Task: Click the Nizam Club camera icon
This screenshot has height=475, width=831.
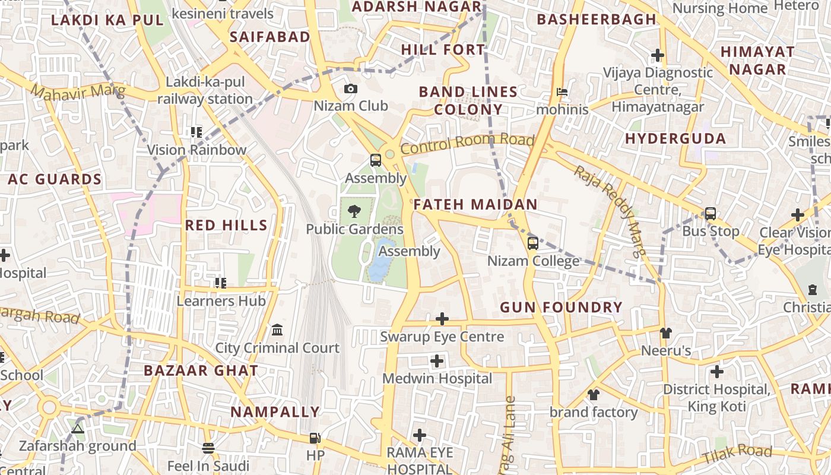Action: click(351, 89)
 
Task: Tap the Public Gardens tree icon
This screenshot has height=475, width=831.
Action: click(354, 211)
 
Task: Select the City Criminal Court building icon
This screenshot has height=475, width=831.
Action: click(277, 330)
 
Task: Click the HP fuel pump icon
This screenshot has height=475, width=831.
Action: click(315, 438)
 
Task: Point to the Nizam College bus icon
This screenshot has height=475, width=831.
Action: click(533, 243)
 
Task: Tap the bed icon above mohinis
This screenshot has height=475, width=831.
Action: click(562, 92)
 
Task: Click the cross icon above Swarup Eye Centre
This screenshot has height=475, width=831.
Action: click(442, 319)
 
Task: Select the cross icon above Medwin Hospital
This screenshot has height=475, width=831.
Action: click(437, 360)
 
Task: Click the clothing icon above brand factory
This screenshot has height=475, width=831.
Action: click(593, 394)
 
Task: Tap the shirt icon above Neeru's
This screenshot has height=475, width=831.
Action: click(665, 332)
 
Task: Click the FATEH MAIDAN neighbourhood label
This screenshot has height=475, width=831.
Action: click(475, 205)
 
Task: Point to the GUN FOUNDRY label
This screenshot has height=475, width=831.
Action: click(561, 308)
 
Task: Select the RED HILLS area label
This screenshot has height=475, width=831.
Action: click(226, 225)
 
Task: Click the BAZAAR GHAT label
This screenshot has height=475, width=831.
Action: click(201, 371)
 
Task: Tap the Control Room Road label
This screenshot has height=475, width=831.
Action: click(467, 143)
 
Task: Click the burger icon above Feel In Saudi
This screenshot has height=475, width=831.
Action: click(208, 448)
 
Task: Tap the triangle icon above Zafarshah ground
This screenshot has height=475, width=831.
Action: click(78, 428)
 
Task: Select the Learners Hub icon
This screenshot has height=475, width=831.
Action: click(221, 283)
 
